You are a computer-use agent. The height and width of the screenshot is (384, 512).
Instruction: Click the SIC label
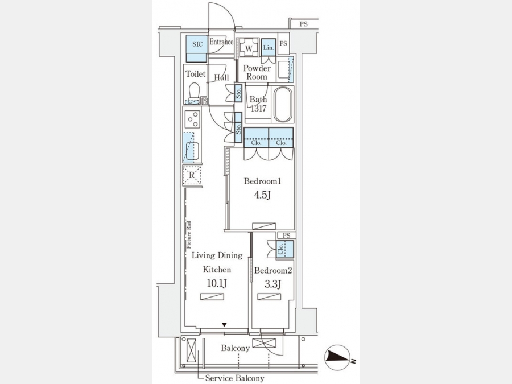(197, 44)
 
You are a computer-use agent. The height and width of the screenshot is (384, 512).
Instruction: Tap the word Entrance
(221, 42)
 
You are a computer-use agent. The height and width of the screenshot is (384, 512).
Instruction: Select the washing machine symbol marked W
(249, 48)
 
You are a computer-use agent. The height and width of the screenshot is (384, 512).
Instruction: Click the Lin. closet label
(269, 48)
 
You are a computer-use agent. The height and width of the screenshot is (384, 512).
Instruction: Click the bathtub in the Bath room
(283, 104)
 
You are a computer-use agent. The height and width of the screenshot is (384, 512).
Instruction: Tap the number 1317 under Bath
(258, 109)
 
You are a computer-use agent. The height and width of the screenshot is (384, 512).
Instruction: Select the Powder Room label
(257, 72)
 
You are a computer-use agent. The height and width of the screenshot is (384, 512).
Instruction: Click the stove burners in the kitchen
(193, 119)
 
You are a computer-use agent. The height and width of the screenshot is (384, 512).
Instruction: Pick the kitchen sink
(192, 150)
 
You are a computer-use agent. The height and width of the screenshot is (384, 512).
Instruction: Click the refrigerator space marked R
(192, 176)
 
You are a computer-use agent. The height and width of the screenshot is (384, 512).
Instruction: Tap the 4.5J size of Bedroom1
(262, 195)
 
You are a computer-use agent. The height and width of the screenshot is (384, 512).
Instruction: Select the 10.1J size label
(217, 283)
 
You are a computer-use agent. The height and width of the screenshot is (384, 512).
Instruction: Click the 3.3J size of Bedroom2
(273, 284)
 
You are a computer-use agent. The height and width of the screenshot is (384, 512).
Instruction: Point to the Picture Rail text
(189, 235)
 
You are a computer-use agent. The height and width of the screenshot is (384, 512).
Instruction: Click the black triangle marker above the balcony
(224, 325)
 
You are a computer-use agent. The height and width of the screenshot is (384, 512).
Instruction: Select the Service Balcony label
(234, 378)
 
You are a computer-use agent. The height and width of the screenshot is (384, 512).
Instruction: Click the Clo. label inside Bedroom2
(281, 250)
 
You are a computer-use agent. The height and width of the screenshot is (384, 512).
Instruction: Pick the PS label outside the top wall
(304, 24)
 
